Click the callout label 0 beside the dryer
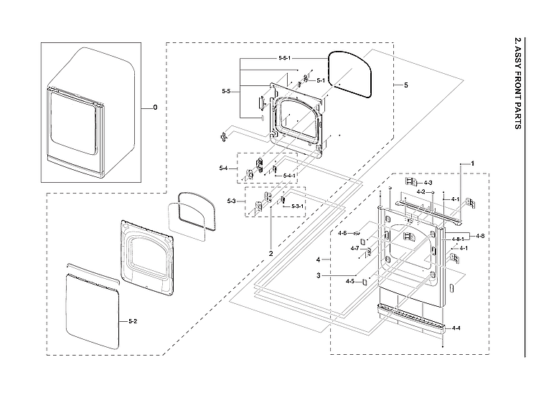coord(154,108)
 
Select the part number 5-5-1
coord(285,57)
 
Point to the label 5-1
coord(321,80)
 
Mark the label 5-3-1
coord(296,206)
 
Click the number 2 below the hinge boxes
coord(271,254)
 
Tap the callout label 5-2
coord(132,320)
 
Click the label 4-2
coord(422,191)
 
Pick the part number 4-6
coord(342,233)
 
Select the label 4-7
coord(354,248)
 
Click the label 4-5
coord(350,281)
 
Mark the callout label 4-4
coord(456,328)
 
